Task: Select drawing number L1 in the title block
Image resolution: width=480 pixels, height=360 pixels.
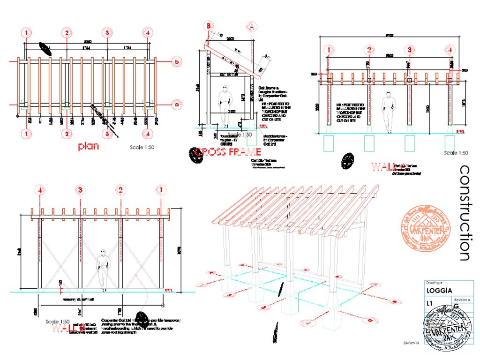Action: tap(429, 304)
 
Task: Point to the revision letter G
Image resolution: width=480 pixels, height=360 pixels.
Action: tap(456, 306)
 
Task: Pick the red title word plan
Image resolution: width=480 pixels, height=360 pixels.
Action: tap(89, 146)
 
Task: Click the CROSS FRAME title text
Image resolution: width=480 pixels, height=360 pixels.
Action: tap(228, 152)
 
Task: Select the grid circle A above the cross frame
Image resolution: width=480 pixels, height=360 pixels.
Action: tap(252, 26)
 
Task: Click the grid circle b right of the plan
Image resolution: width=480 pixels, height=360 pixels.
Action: tap(177, 61)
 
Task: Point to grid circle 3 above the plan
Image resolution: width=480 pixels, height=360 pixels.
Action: tap(108, 33)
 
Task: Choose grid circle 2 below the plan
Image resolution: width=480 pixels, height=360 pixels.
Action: tap(67, 134)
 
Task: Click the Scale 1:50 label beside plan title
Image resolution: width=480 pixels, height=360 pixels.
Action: tap(142, 147)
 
